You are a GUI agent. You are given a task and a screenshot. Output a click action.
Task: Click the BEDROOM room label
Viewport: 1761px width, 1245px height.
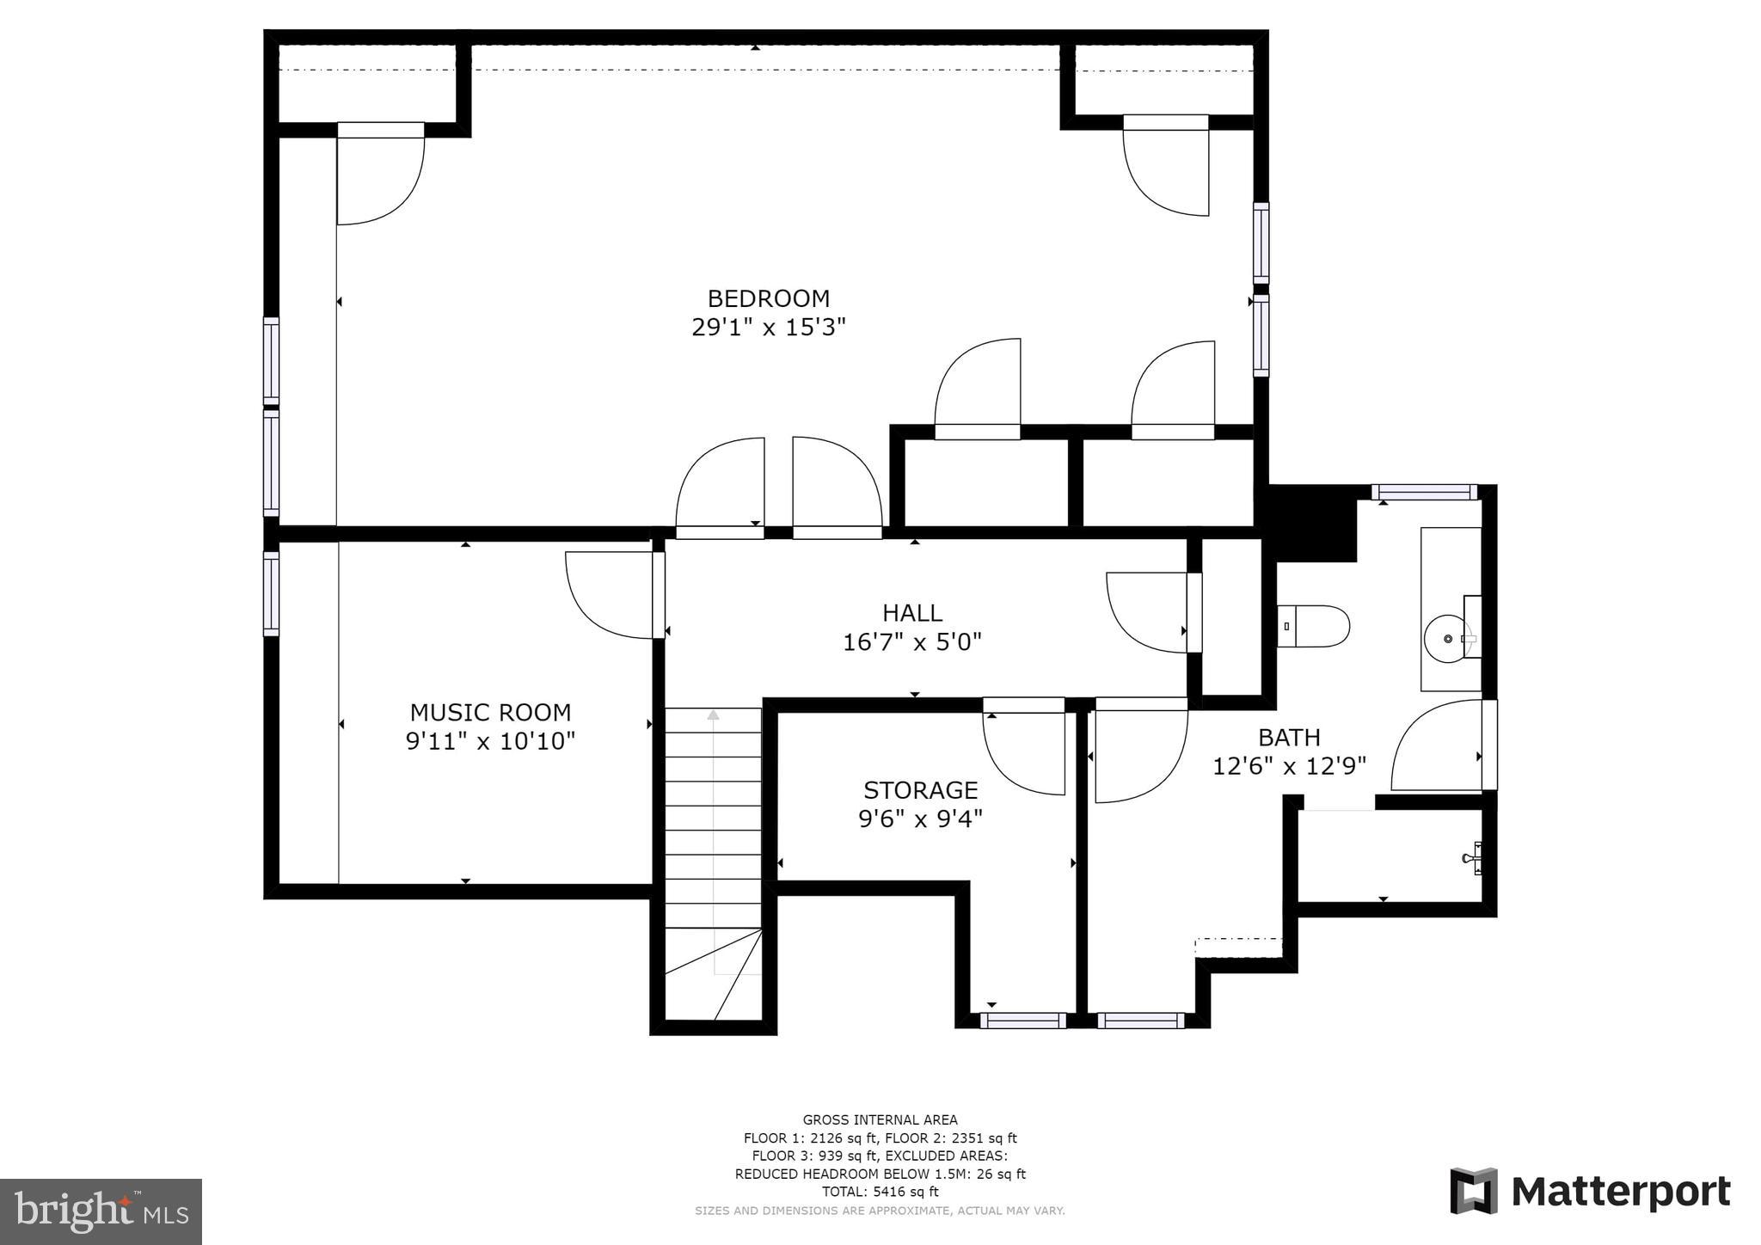[768, 298]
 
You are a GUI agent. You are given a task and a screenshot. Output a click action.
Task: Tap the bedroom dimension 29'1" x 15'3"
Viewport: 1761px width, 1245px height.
[768, 328]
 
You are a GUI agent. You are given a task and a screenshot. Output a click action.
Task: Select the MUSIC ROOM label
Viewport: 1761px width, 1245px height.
[490, 712]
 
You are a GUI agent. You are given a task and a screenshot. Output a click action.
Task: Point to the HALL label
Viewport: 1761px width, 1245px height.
[912, 613]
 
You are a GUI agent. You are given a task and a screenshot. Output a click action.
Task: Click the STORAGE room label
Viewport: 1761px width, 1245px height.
[920, 789]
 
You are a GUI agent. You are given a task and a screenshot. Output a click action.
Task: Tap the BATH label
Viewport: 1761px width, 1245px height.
[1289, 737]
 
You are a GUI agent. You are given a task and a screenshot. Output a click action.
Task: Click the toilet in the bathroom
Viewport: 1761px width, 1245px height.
[1312, 626]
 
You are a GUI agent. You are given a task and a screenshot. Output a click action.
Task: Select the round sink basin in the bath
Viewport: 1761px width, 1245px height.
[1447, 639]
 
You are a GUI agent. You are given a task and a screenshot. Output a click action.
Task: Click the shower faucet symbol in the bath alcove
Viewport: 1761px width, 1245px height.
[1471, 857]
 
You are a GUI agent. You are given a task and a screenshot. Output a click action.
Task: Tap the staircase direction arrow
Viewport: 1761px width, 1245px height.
[713, 715]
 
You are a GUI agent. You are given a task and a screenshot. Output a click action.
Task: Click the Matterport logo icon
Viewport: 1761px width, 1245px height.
[1473, 1191]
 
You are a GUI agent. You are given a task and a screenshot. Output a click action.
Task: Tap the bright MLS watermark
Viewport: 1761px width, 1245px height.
[101, 1211]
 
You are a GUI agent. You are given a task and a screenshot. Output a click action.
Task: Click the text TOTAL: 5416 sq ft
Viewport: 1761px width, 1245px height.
[880, 1192]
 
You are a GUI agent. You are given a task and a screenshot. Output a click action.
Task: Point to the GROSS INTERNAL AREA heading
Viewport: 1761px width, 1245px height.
[880, 1119]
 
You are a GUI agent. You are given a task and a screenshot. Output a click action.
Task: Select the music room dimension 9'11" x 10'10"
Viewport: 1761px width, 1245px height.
[490, 741]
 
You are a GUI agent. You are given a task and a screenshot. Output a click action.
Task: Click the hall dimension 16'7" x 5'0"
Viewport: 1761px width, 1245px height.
[912, 642]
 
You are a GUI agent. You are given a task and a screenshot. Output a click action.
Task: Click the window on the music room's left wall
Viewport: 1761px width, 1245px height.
[271, 593]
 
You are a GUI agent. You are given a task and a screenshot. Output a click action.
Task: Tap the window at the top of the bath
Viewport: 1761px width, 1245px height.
[1423, 493]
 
